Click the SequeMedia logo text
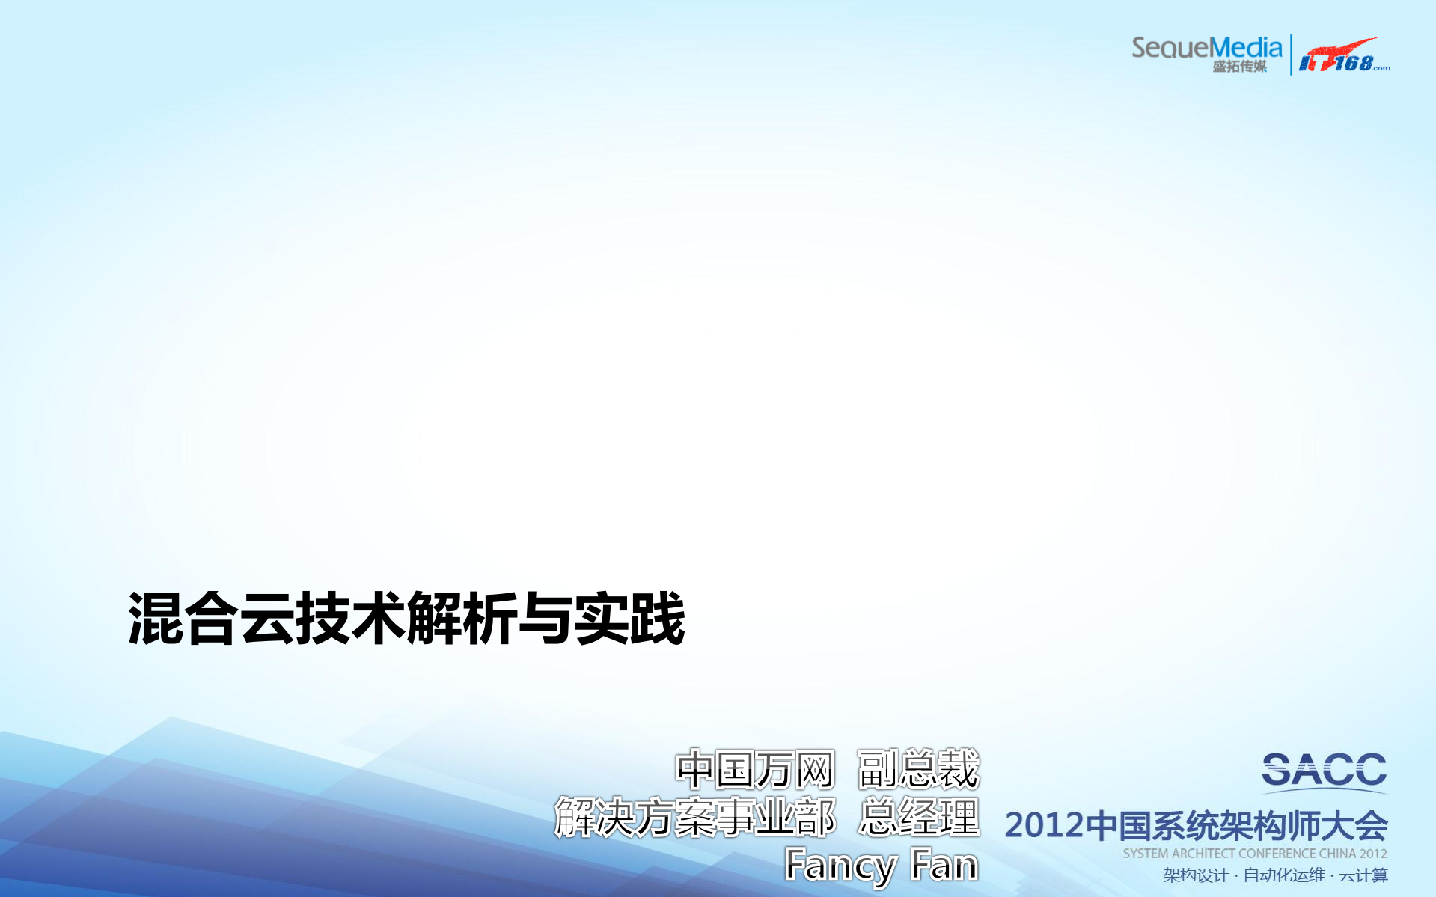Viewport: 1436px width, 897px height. click(1206, 48)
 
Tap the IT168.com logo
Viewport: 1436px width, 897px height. click(1343, 56)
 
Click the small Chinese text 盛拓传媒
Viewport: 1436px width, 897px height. click(1239, 67)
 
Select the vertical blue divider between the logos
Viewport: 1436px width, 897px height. click(1291, 55)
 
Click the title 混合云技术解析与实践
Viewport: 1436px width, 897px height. click(406, 619)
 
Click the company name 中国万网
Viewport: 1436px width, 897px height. click(754, 770)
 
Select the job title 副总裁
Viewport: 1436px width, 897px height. click(918, 770)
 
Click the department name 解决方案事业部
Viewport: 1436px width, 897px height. click(694, 817)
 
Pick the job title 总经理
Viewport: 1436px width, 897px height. click(919, 817)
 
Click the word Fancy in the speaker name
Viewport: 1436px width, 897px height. click(840, 866)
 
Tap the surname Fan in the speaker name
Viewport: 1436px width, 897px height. click(944, 866)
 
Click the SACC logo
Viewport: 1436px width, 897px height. click(1324, 771)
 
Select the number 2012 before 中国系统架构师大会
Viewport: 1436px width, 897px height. click(1044, 826)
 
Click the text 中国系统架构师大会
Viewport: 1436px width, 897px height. click(1236, 826)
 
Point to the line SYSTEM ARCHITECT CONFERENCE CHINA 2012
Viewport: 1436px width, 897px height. click(1254, 854)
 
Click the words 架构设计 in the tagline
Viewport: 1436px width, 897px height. click(1195, 875)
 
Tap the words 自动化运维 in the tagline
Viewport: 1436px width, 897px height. click(1283, 875)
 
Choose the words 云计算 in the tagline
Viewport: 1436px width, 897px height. click(1363, 875)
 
